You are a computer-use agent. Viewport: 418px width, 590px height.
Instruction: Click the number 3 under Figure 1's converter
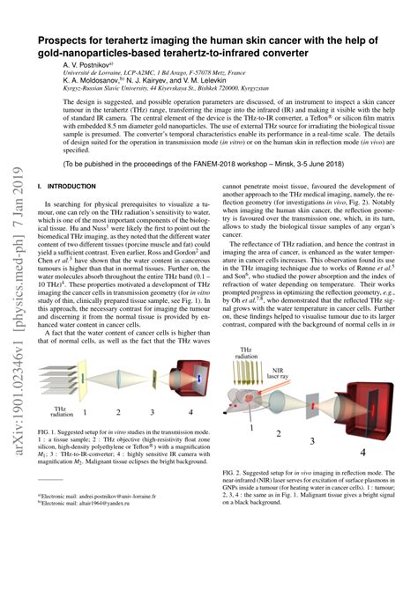[x=152, y=411]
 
